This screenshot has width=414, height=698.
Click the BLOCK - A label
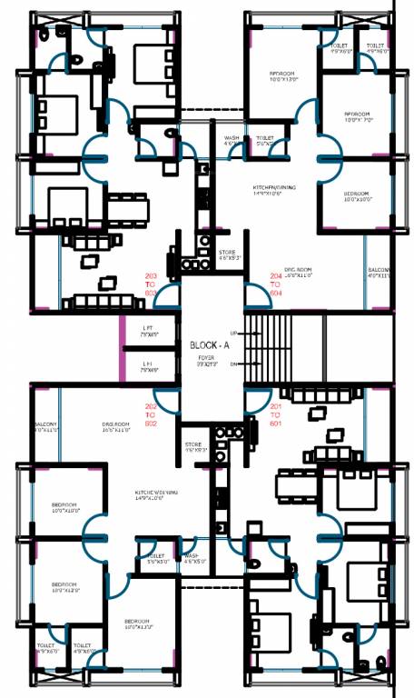[211, 345]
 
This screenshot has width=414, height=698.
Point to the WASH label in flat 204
[232, 140]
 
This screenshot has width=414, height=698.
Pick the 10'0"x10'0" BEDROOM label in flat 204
[356, 196]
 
